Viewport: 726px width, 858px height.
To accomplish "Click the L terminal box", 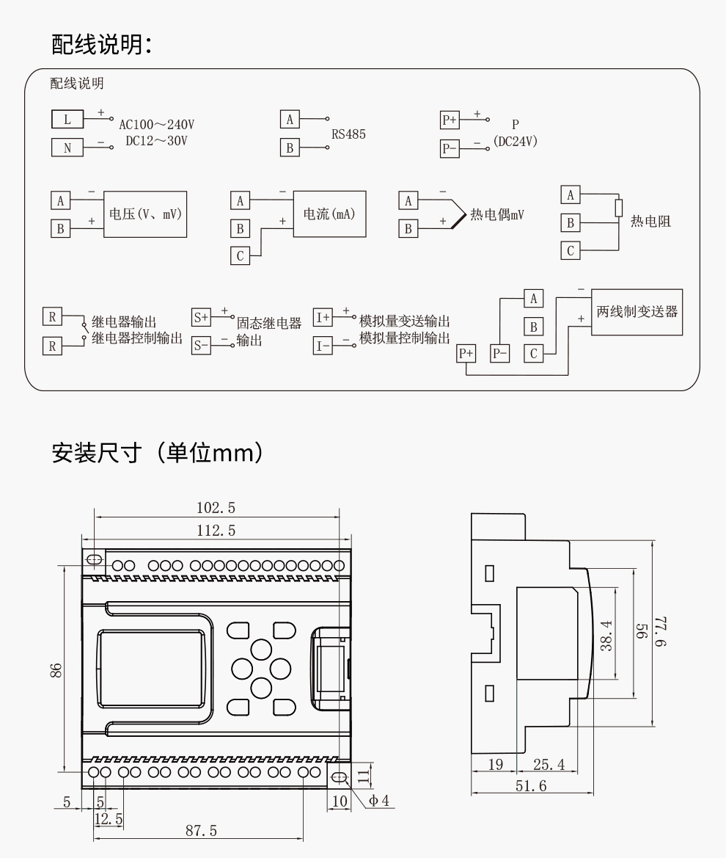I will (x=67, y=119).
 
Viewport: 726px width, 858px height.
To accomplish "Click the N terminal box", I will (x=67, y=148).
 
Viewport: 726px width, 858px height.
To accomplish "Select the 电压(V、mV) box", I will (x=145, y=214).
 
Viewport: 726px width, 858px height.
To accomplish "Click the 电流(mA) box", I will (x=329, y=214).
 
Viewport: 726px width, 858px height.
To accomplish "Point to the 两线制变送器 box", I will (x=637, y=312).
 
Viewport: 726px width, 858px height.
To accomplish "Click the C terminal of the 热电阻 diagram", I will (x=571, y=250).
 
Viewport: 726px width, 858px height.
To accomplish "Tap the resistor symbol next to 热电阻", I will (x=620, y=208).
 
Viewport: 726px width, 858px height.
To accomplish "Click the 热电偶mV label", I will (x=498, y=214).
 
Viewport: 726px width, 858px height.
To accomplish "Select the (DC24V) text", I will (x=516, y=142).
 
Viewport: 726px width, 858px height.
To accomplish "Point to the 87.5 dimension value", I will (x=200, y=830).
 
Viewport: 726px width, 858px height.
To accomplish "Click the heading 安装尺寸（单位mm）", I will (x=158, y=452).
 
